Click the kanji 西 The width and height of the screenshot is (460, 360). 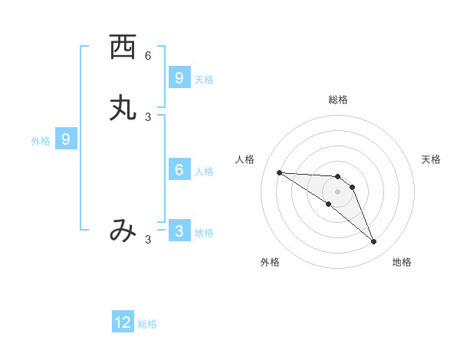pyautogui.click(x=123, y=47)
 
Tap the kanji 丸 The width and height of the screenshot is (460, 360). pyautogui.click(x=123, y=108)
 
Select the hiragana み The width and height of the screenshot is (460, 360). pyautogui.click(x=123, y=230)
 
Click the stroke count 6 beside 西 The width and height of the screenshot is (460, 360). pyautogui.click(x=148, y=56)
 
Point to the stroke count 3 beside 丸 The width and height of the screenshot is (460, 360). pyautogui.click(x=148, y=116)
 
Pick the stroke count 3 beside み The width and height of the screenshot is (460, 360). pyautogui.click(x=148, y=240)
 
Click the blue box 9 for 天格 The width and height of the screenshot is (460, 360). pyautogui.click(x=179, y=77)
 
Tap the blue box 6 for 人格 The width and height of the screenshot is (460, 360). pyautogui.click(x=179, y=169)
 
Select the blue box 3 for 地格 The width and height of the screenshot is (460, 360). pyautogui.click(x=179, y=231)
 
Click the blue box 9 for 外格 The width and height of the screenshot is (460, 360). pyautogui.click(x=66, y=139)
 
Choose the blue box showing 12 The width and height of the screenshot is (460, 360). pyautogui.click(x=123, y=322)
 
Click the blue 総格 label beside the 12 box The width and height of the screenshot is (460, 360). pyautogui.click(x=147, y=324)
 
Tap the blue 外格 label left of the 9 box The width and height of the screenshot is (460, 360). pyautogui.click(x=41, y=141)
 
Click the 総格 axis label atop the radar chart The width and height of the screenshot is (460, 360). pyautogui.click(x=338, y=100)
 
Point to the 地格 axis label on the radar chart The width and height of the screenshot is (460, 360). pyautogui.click(x=402, y=262)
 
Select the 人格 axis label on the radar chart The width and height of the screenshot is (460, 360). pyautogui.click(x=245, y=159)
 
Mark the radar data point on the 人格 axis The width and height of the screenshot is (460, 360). pyautogui.click(x=279, y=172)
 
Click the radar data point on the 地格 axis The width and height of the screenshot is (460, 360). pyautogui.click(x=374, y=242)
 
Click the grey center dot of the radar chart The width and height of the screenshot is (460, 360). pyautogui.click(x=338, y=191)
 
